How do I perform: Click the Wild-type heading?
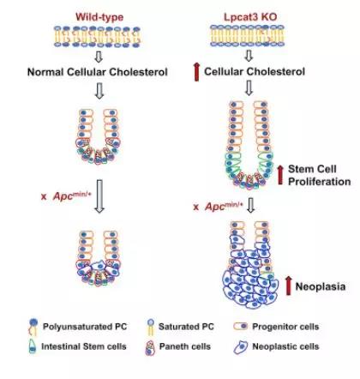click(99, 17)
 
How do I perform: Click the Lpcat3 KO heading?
click(250, 17)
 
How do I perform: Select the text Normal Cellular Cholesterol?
click(98, 72)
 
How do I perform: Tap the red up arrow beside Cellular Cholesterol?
click(196, 72)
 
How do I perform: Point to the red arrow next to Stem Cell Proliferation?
click(280, 175)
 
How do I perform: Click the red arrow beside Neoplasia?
click(289, 286)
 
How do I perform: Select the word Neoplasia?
click(321, 286)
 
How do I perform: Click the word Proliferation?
click(319, 182)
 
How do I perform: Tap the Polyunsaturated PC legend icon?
click(33, 327)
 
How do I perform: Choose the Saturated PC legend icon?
click(151, 327)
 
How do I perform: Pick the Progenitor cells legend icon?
click(241, 327)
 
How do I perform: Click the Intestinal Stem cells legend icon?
click(33, 346)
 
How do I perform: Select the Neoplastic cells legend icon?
click(241, 347)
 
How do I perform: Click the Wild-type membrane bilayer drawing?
click(98, 37)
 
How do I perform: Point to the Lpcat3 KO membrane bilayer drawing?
click(248, 35)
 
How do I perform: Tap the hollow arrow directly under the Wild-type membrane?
click(99, 57)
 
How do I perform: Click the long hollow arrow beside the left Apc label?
click(99, 196)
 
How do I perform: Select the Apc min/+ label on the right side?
click(219, 206)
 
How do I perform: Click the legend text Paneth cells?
click(185, 346)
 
